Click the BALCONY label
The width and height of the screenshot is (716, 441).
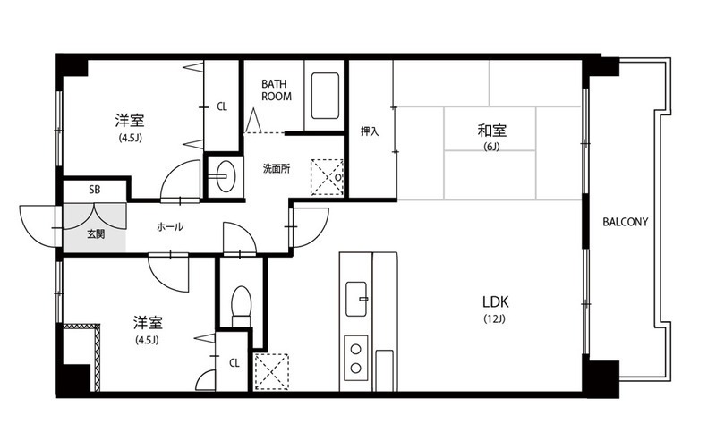point(625,223)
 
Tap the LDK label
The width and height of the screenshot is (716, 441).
point(496,301)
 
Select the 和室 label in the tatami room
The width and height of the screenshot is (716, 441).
point(491,131)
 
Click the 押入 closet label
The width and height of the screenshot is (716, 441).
point(370,131)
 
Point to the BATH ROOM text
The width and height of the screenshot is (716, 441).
point(277,90)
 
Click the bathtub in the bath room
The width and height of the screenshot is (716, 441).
point(325,96)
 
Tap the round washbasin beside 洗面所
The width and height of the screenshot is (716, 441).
point(224,175)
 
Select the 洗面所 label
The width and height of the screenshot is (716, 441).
point(277,168)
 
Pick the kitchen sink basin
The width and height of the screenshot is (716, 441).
point(356,299)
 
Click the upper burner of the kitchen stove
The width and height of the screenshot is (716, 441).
point(355,350)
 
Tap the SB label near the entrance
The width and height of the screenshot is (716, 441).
point(95,190)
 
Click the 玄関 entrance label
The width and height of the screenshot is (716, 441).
point(96,234)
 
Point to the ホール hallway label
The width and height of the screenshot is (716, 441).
point(170,226)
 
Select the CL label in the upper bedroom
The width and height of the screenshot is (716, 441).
point(222,106)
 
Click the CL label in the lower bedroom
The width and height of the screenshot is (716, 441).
point(234,363)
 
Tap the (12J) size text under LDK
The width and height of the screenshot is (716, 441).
point(495,318)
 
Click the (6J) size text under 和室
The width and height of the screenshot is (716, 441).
point(491,147)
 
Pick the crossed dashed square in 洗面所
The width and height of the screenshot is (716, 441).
point(327,177)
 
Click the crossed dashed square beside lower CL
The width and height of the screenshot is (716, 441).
point(272,371)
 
